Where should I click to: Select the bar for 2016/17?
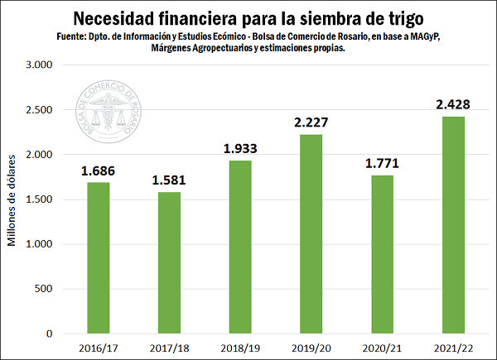[x=98, y=258]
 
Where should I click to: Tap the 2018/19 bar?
[x=239, y=247]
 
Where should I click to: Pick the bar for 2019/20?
[x=311, y=234]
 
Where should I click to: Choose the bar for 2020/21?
[x=382, y=255]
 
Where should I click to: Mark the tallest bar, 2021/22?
[x=453, y=225]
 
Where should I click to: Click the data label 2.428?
[x=453, y=105]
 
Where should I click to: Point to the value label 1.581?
[x=169, y=180]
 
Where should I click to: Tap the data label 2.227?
[x=311, y=122]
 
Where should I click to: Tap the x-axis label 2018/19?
[x=239, y=348]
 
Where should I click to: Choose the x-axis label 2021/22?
[x=453, y=348]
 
